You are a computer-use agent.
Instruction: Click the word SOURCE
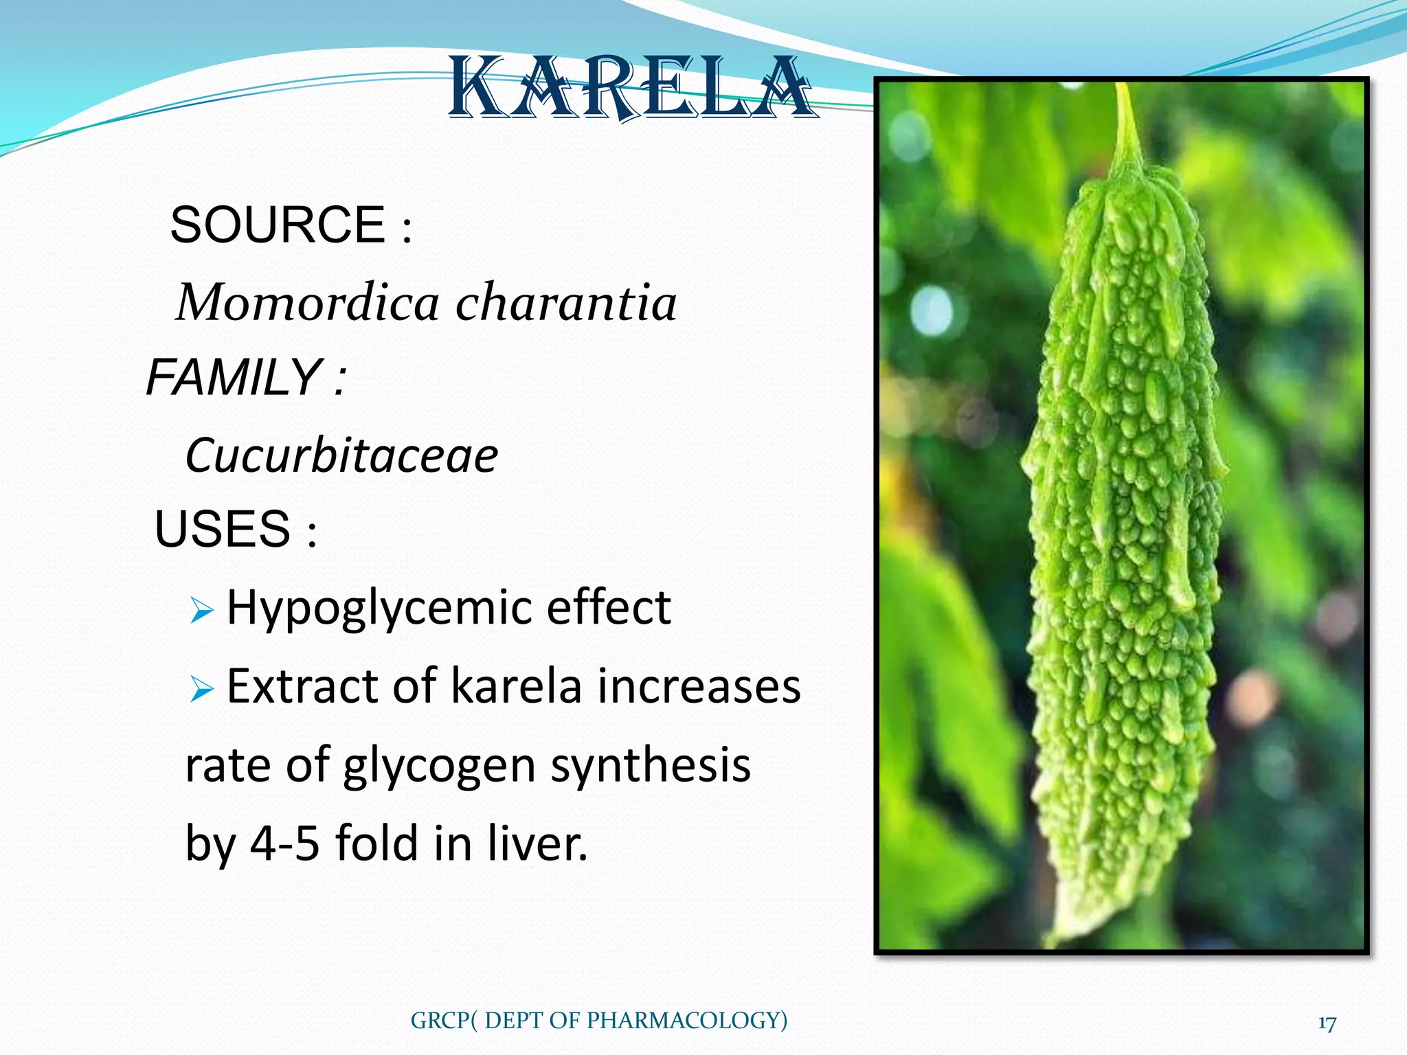(x=278, y=225)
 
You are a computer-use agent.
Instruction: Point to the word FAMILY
(x=234, y=377)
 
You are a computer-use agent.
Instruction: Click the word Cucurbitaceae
(x=341, y=455)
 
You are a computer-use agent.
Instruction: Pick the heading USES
(x=223, y=529)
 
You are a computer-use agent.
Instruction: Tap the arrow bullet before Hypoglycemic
(x=201, y=609)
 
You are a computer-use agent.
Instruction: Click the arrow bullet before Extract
(x=201, y=688)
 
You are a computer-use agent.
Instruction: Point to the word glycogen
(x=439, y=766)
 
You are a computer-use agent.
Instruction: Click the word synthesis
(x=650, y=766)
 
